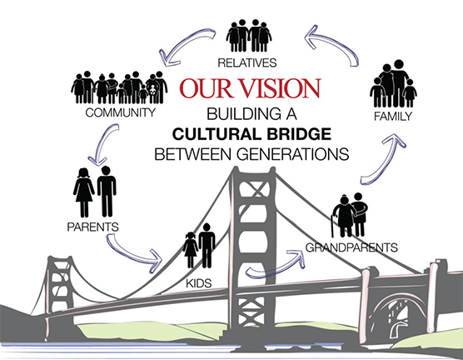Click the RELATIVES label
pyautogui.click(x=247, y=62)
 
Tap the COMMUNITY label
pyautogui.click(x=121, y=112)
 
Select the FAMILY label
pyautogui.click(x=392, y=117)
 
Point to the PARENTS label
pyautogui.click(x=92, y=227)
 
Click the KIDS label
pyautogui.click(x=199, y=283)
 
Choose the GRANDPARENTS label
pyautogui.click(x=351, y=247)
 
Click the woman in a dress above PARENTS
pyautogui.click(x=84, y=192)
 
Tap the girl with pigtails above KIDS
pyautogui.click(x=191, y=250)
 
